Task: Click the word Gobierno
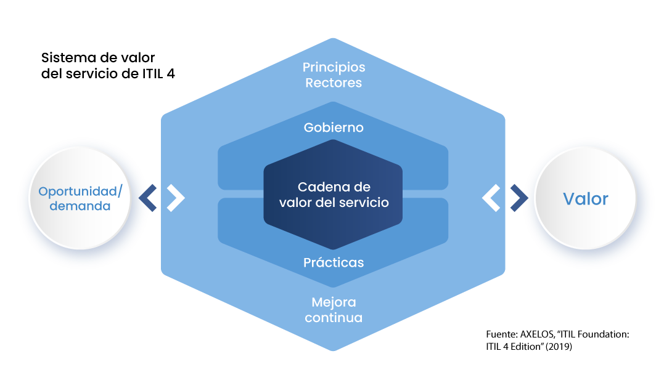tap(334, 127)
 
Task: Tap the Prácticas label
tap(334, 262)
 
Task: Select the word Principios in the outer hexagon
tap(334, 67)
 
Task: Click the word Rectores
tap(334, 83)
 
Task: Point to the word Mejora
tap(334, 302)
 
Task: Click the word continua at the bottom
tap(334, 317)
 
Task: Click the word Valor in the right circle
tap(586, 198)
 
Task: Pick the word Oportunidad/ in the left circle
tap(81, 192)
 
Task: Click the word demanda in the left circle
tap(80, 206)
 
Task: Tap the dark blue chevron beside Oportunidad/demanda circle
tap(148, 198)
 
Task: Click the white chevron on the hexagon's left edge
tap(176, 198)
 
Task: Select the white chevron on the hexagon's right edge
tap(491, 198)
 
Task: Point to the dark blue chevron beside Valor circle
tap(519, 198)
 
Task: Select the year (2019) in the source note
tap(559, 347)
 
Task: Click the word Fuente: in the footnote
tap(502, 334)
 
